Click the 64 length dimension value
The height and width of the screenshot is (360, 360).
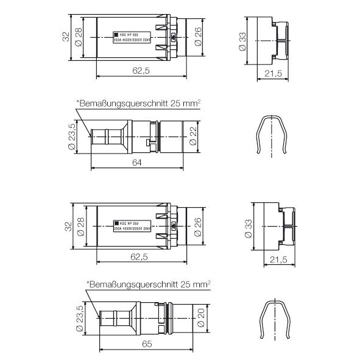click(138, 162)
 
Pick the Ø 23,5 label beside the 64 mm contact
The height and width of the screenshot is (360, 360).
click(71, 138)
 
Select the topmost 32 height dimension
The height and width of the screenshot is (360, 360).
click(65, 37)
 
